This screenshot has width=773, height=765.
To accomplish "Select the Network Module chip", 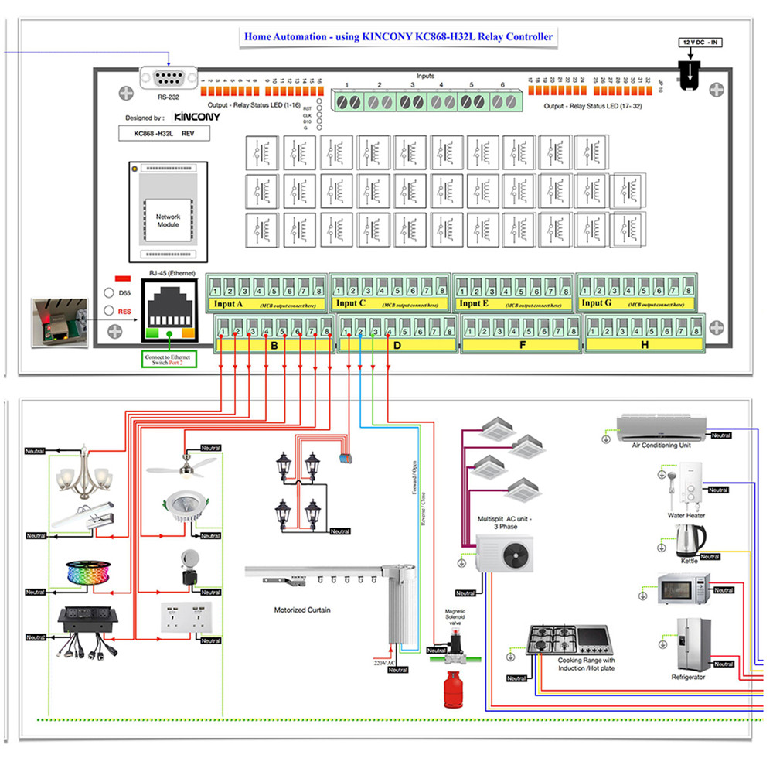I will (x=168, y=211).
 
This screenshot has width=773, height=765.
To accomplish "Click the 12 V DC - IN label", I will (x=700, y=42).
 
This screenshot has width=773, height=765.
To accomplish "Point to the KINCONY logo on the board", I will (x=197, y=118).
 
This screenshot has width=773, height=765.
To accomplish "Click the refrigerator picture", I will (x=693, y=644).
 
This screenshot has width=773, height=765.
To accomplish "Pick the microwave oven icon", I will (x=679, y=589).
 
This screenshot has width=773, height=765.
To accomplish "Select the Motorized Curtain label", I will (x=302, y=610).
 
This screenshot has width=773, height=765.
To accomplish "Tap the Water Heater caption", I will (x=686, y=515).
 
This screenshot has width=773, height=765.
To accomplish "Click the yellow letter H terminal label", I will (x=644, y=346).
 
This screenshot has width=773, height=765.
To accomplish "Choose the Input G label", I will (x=597, y=304).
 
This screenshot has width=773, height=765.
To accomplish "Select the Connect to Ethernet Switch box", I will (x=171, y=360).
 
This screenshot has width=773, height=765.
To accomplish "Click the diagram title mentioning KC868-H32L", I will (x=399, y=36).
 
